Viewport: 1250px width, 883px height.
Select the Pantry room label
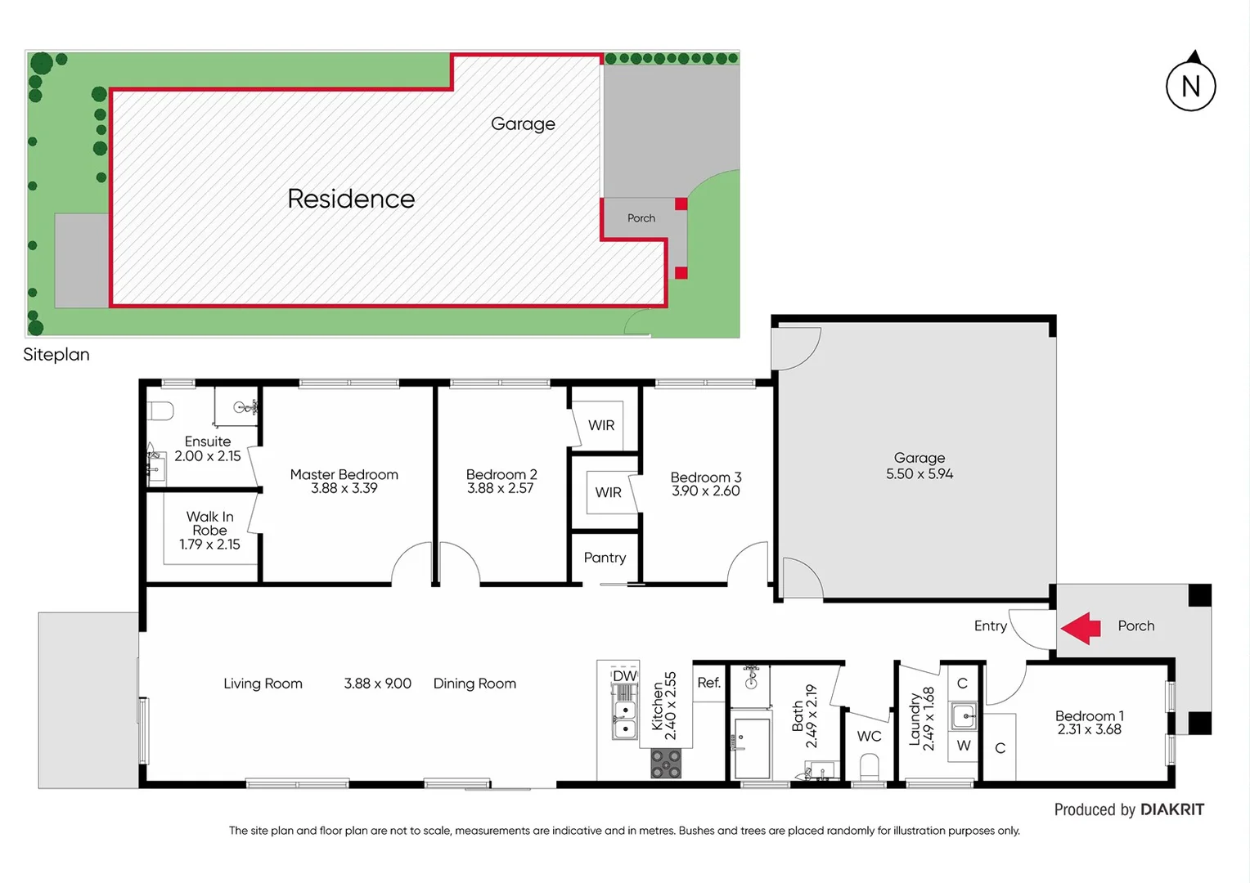605,558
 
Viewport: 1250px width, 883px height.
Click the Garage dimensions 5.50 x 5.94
920,474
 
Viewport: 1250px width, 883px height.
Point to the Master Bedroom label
344,474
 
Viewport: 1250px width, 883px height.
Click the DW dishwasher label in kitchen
624,676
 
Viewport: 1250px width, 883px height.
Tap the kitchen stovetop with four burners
665,763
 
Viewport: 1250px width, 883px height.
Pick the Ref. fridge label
708,683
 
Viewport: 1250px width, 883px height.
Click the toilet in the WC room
869,768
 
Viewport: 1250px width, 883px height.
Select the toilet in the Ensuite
160,410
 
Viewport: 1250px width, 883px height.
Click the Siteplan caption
56,355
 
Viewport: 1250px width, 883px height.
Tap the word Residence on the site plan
351,199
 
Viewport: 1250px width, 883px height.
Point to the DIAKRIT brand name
1171,809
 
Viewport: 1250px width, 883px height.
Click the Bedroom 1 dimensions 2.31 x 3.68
1089,729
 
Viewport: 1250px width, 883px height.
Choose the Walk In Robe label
209,523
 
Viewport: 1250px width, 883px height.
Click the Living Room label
263,684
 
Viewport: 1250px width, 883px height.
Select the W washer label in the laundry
964,746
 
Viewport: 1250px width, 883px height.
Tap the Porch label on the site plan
641,218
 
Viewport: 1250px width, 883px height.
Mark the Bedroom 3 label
705,477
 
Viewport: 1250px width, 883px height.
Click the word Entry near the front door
990,625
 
